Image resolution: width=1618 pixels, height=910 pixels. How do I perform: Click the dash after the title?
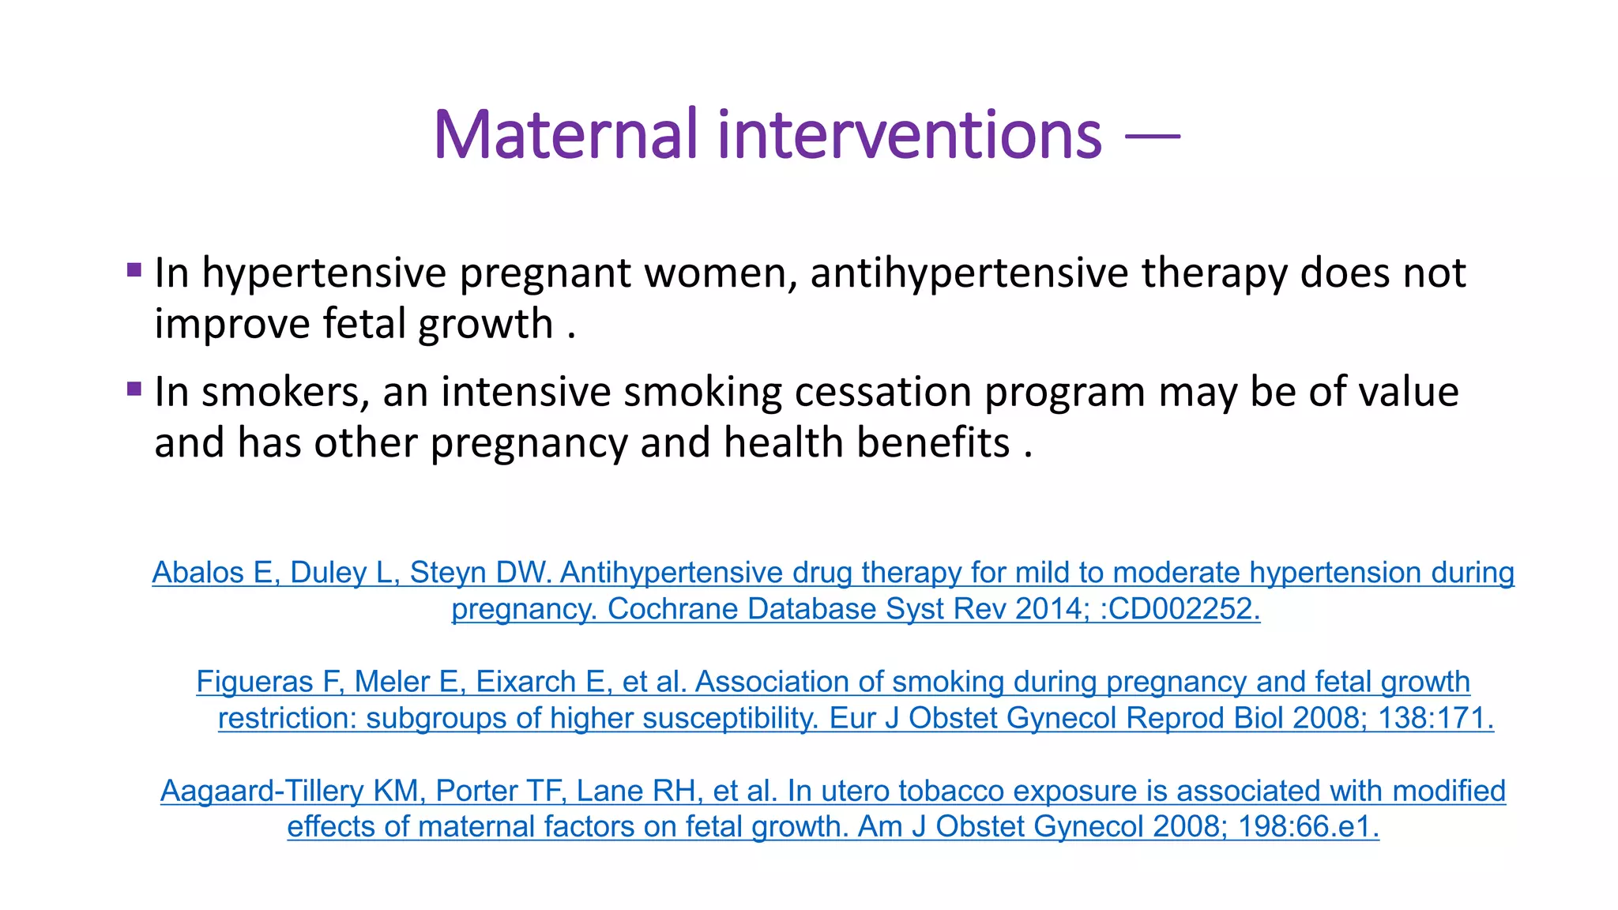point(1152,137)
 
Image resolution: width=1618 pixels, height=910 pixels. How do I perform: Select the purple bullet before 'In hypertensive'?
point(134,270)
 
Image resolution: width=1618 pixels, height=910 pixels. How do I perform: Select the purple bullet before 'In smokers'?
point(134,389)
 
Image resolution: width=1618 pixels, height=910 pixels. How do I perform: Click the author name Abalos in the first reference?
point(197,573)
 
